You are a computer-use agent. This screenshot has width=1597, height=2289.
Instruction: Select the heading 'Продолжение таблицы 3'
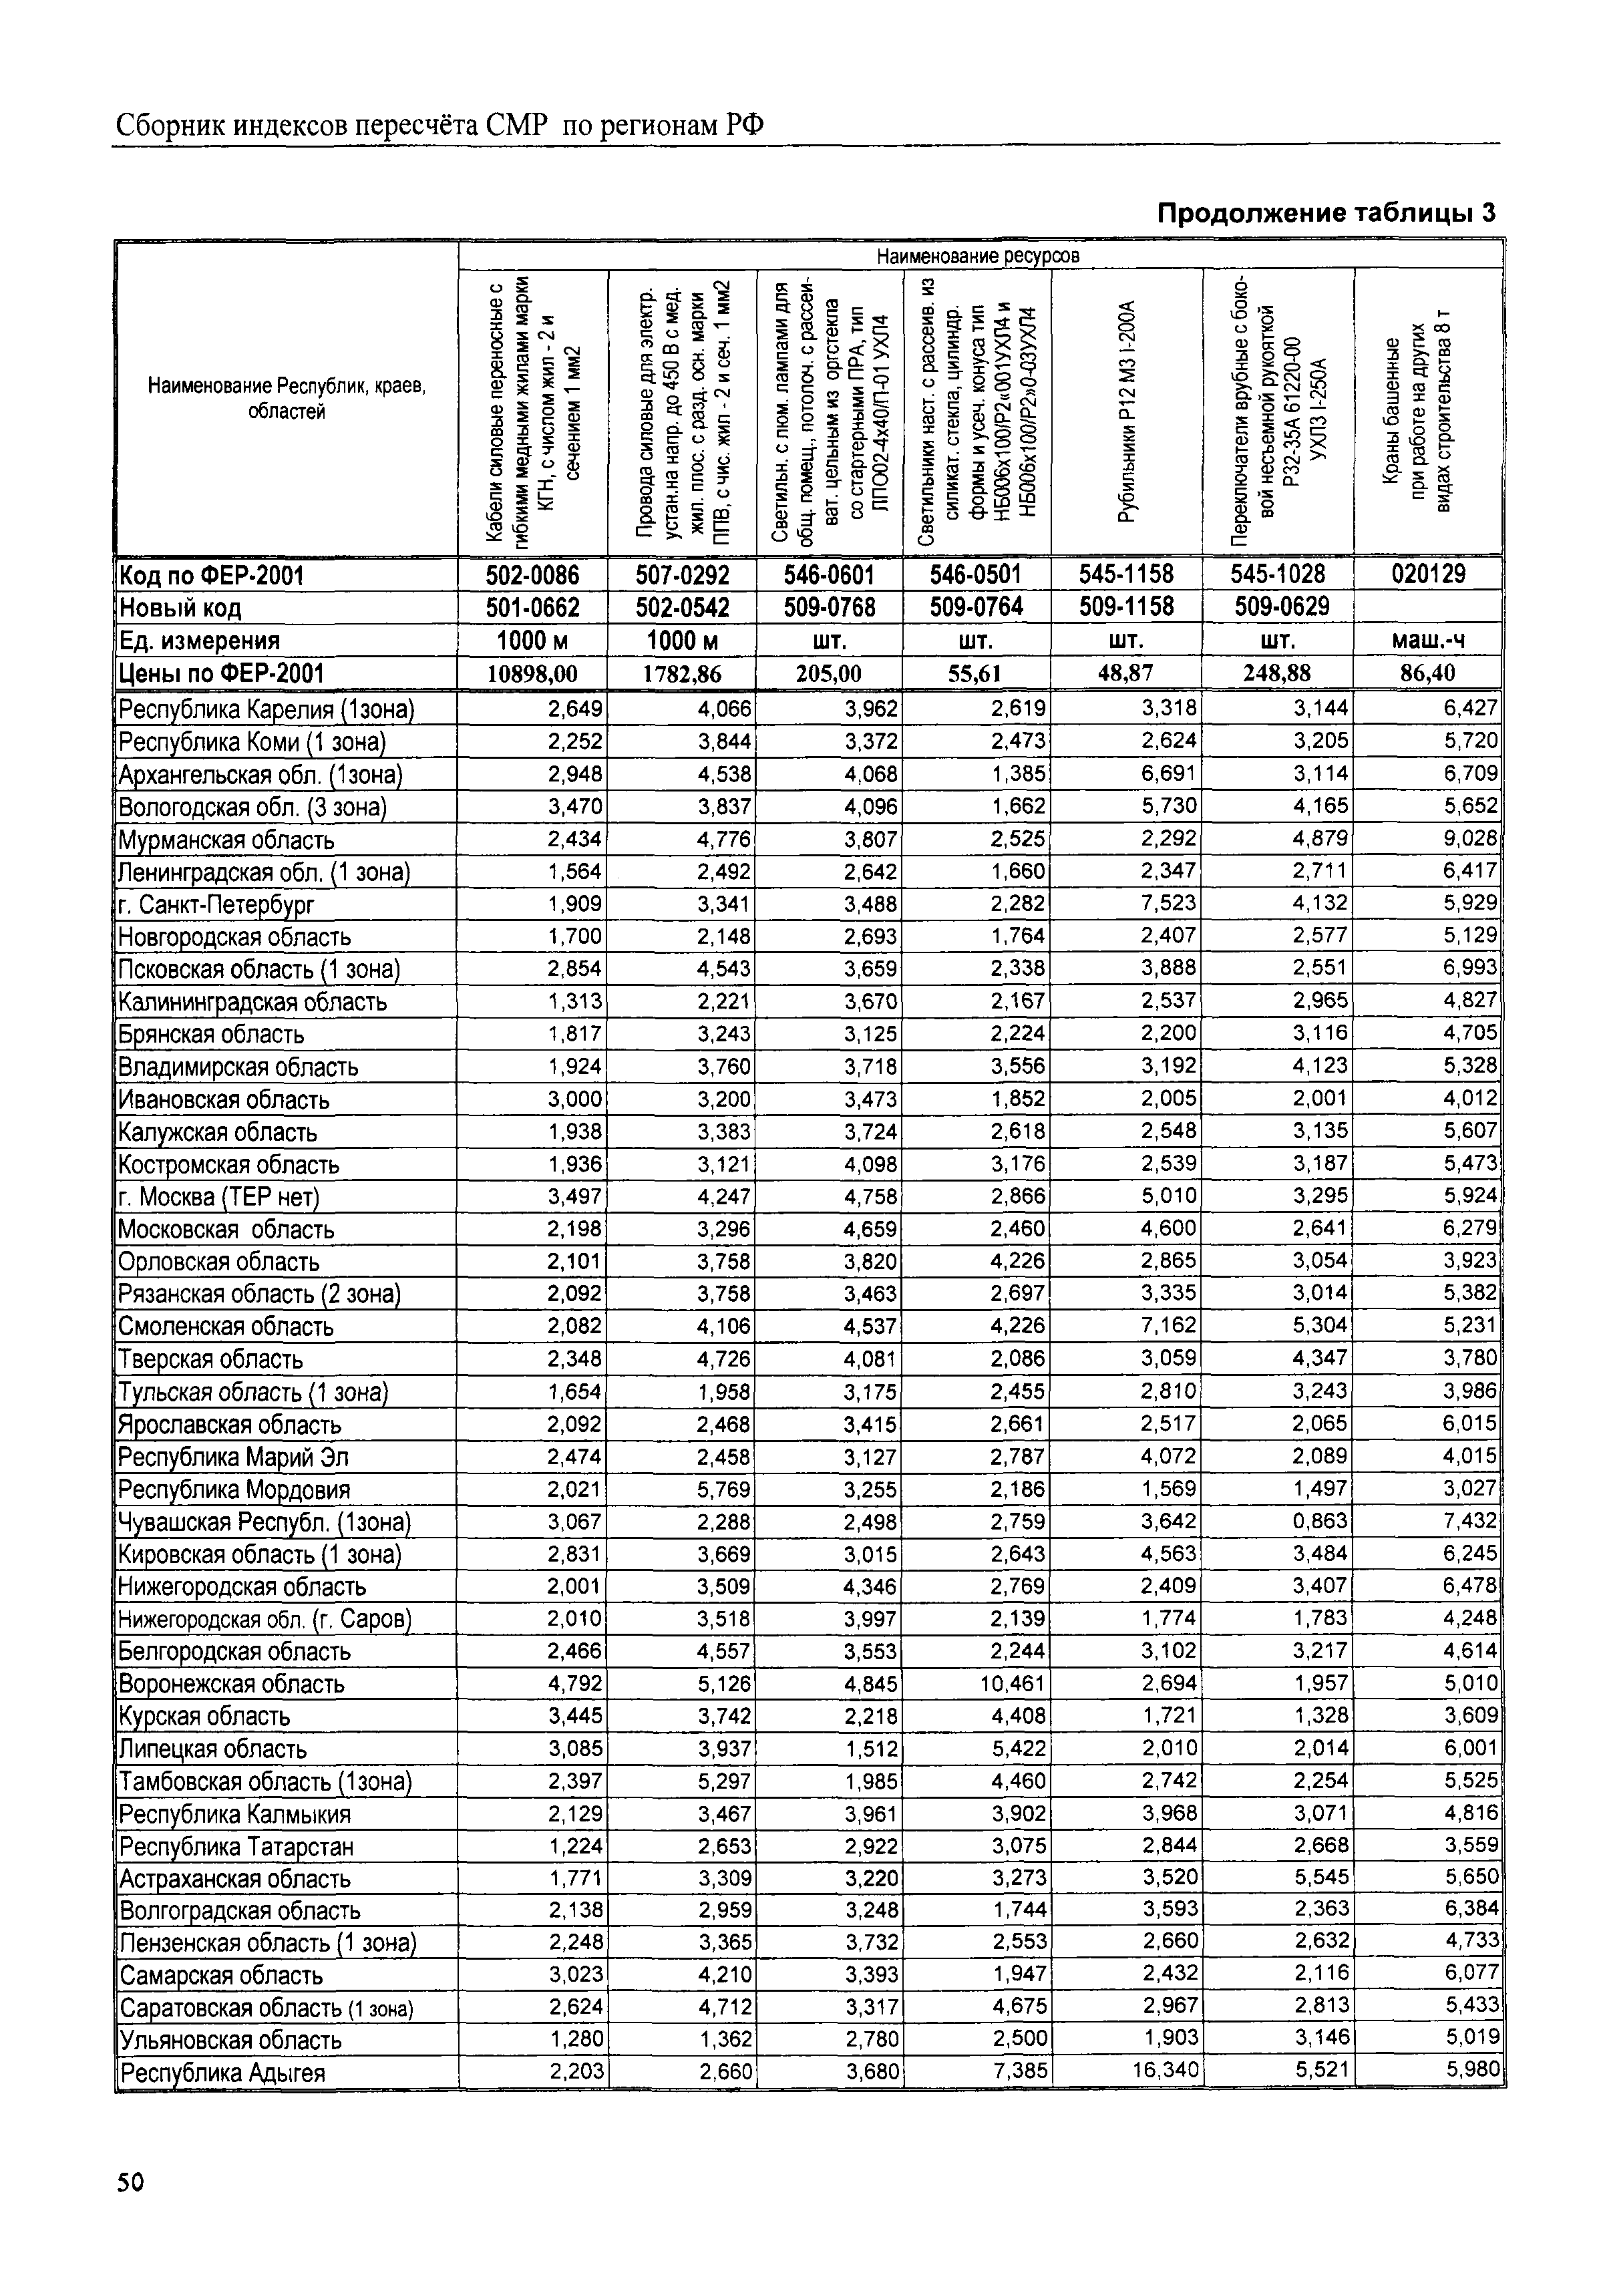1325,213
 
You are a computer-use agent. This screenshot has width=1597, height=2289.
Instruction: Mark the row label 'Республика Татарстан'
236,1846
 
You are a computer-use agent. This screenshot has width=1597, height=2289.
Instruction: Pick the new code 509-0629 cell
1277,607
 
